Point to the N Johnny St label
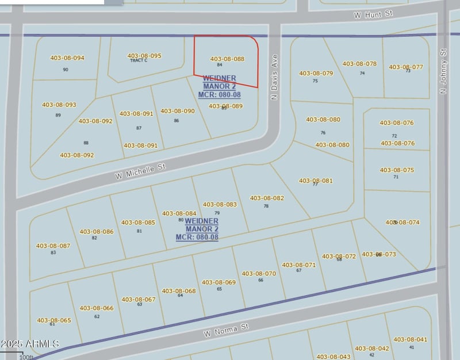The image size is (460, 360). [443, 71]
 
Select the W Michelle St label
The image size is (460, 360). [140, 170]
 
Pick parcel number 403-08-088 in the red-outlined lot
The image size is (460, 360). [227, 59]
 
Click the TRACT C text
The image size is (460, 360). [139, 60]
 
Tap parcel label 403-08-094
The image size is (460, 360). [67, 58]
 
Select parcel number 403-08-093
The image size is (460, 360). [59, 105]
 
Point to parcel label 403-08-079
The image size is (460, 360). [316, 74]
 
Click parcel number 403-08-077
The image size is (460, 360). [406, 67]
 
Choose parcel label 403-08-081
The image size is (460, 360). [316, 181]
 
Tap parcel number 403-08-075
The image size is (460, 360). [397, 170]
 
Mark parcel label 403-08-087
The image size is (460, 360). [53, 246]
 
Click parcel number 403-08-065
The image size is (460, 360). [54, 320]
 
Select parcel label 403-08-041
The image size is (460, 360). [410, 340]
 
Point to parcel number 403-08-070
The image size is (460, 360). [259, 274]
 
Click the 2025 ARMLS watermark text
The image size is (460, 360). [30, 344]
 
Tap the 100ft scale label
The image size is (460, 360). [26, 357]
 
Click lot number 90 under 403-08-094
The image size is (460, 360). [66, 70]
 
